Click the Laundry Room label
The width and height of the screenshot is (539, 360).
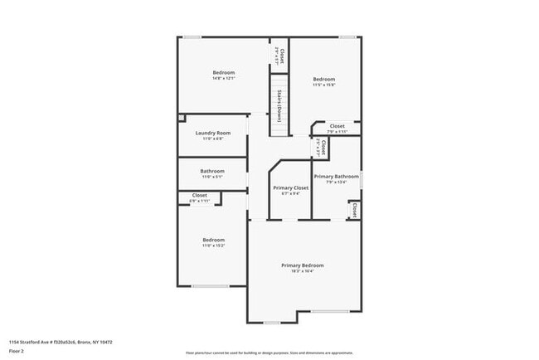(x=213, y=133)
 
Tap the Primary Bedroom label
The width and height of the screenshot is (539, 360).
(x=303, y=265)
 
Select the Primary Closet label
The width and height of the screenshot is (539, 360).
(x=290, y=187)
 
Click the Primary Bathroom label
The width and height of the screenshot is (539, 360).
(x=336, y=177)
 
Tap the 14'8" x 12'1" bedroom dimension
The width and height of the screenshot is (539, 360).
(x=224, y=79)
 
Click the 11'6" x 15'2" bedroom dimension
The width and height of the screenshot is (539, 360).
(x=213, y=246)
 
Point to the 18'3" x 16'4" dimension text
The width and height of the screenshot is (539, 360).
(x=303, y=271)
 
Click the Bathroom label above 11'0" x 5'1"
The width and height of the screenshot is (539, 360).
(x=212, y=171)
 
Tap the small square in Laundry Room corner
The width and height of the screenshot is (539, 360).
(x=182, y=119)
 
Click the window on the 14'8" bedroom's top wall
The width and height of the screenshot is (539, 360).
(x=192, y=36)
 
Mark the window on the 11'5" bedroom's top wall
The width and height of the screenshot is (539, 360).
(x=348, y=36)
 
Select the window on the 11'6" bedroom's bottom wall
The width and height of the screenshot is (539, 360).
(x=211, y=286)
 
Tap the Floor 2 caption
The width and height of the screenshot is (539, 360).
(x=17, y=351)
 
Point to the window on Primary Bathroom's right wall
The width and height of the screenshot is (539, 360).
(x=362, y=178)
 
